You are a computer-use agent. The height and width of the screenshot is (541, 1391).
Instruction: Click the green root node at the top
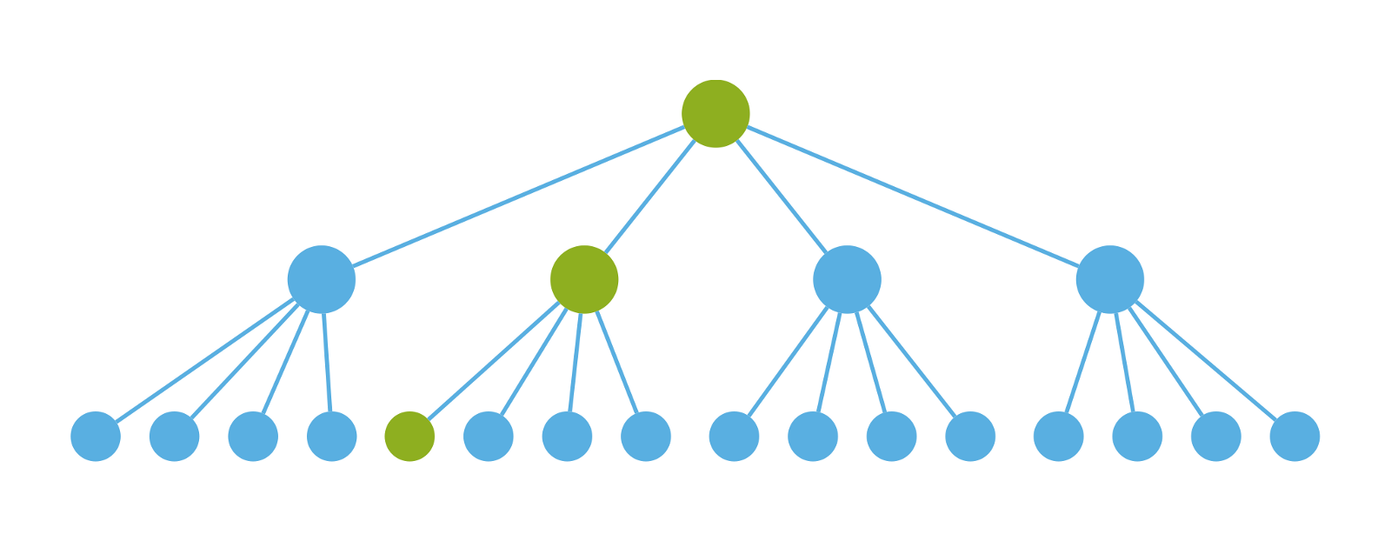pyautogui.click(x=715, y=114)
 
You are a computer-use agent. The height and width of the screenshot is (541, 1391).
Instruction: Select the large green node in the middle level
pyautogui.click(x=584, y=279)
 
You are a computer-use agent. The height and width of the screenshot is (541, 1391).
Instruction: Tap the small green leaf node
pyautogui.click(x=409, y=437)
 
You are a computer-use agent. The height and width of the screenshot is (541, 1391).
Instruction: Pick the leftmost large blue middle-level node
pyautogui.click(x=322, y=279)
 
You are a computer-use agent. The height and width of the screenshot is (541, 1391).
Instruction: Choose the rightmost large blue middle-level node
pyautogui.click(x=1109, y=279)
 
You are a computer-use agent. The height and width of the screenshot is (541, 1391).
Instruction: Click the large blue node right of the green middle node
pyautogui.click(x=847, y=279)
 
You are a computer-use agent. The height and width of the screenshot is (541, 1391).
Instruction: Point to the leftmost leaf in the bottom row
pyautogui.click(x=96, y=437)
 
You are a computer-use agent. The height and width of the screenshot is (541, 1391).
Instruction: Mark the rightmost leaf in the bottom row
pyautogui.click(x=1294, y=437)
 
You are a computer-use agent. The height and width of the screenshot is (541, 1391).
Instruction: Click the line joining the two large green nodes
pyautogui.click(x=650, y=197)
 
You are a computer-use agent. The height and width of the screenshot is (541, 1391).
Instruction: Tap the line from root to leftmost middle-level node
pyautogui.click(x=518, y=197)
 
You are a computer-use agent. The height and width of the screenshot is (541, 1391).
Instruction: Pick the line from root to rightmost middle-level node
pyautogui.click(x=913, y=197)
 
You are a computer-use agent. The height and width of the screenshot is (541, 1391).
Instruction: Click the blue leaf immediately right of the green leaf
pyautogui.click(x=489, y=437)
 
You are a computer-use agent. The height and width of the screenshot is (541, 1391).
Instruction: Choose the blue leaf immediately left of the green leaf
pyautogui.click(x=331, y=437)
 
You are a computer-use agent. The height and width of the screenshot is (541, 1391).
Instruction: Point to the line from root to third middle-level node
pyautogui.click(x=782, y=197)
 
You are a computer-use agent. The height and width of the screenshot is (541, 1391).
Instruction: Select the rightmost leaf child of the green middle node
pyautogui.click(x=646, y=437)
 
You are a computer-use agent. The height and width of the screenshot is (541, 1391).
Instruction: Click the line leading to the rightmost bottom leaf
pyautogui.click(x=1207, y=360)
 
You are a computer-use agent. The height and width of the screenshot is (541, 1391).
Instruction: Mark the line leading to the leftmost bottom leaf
pyautogui.click(x=204, y=360)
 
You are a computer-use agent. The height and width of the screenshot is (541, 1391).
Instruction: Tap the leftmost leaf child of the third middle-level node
pyautogui.click(x=734, y=437)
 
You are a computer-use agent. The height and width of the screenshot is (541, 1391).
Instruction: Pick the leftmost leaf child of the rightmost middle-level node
pyautogui.click(x=1058, y=437)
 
